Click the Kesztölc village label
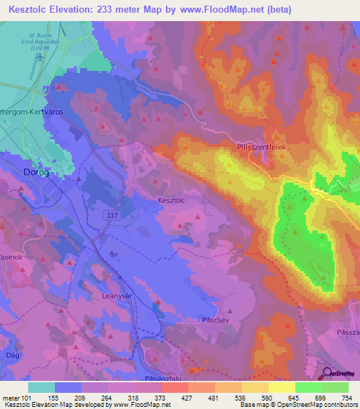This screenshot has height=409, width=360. pyautogui.click(x=172, y=200)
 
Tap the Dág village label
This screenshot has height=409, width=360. pyautogui.click(x=11, y=337)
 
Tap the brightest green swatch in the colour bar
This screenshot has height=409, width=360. pyautogui.click(x=335, y=387)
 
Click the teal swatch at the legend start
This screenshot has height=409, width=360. pyautogui.click(x=41, y=387)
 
